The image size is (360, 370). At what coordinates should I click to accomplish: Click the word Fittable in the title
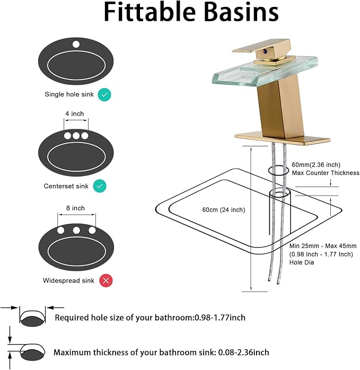click(150, 12)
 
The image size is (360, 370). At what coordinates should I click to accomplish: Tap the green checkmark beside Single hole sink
click(104, 95)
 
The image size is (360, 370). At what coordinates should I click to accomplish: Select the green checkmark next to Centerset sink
click(100, 186)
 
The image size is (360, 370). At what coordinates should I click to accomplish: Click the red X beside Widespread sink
click(106, 280)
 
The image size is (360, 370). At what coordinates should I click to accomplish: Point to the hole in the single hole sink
click(76, 45)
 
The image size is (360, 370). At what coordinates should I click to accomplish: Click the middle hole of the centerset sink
click(76, 136)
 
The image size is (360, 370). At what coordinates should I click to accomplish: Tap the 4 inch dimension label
click(75, 114)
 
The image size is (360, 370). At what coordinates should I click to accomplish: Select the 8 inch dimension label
click(75, 208)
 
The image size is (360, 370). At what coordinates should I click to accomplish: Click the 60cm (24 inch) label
click(224, 210)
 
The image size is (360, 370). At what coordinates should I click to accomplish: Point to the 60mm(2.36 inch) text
click(316, 165)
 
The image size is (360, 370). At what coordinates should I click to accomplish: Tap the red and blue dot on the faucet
click(265, 51)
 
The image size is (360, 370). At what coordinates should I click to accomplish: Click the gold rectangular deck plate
click(283, 138)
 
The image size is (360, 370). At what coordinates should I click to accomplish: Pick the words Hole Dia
click(302, 262)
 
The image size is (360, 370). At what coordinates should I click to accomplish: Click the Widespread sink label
click(68, 280)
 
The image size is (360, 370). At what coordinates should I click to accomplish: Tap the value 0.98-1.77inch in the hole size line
click(220, 318)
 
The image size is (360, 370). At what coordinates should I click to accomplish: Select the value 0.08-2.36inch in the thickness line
click(243, 353)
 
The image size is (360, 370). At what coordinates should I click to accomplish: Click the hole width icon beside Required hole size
click(32, 316)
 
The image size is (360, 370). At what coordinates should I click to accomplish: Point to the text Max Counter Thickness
click(326, 173)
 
